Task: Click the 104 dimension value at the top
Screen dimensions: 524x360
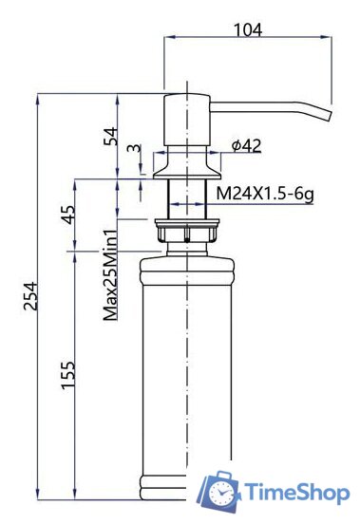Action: click(248, 29)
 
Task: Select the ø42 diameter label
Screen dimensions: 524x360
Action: click(245, 145)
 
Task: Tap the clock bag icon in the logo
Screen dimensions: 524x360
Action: click(219, 490)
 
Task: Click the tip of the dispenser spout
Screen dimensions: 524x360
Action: click(329, 116)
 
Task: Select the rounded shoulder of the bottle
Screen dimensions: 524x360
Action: click(187, 262)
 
